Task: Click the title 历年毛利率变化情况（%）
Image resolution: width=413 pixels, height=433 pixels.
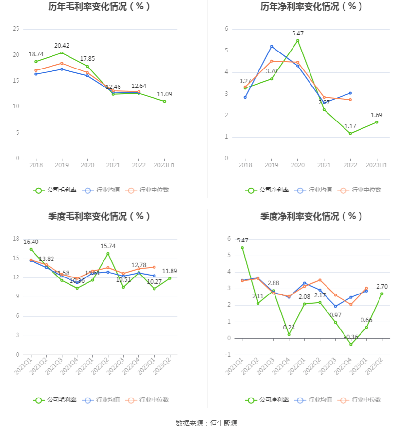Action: click(x=99, y=7)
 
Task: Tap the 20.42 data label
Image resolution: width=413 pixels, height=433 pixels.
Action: click(x=62, y=46)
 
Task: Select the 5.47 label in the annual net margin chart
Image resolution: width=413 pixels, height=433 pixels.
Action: click(x=298, y=34)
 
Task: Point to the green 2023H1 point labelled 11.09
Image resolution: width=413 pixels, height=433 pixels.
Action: click(x=164, y=101)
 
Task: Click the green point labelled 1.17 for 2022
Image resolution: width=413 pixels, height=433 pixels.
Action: click(x=350, y=133)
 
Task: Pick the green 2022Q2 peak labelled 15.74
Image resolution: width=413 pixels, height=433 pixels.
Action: click(x=108, y=253)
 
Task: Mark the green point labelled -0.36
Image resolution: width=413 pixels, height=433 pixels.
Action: click(x=350, y=344)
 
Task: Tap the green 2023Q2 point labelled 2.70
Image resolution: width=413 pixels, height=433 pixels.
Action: click(x=381, y=294)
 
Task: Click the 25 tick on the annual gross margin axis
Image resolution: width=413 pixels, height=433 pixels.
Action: click(x=16, y=29)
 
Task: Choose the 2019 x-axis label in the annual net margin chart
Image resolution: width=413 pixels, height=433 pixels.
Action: click(x=272, y=165)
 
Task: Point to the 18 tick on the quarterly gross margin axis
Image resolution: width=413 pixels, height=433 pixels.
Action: click(x=16, y=239)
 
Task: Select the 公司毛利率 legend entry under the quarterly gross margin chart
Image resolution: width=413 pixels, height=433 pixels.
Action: click(x=55, y=400)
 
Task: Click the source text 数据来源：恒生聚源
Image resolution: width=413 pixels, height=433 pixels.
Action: click(x=206, y=423)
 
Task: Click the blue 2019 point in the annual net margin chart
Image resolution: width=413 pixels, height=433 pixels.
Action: click(x=272, y=46)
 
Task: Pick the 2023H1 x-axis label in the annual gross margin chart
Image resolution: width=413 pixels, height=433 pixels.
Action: click(x=164, y=165)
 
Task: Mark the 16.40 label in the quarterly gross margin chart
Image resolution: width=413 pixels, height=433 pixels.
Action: click(x=31, y=242)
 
